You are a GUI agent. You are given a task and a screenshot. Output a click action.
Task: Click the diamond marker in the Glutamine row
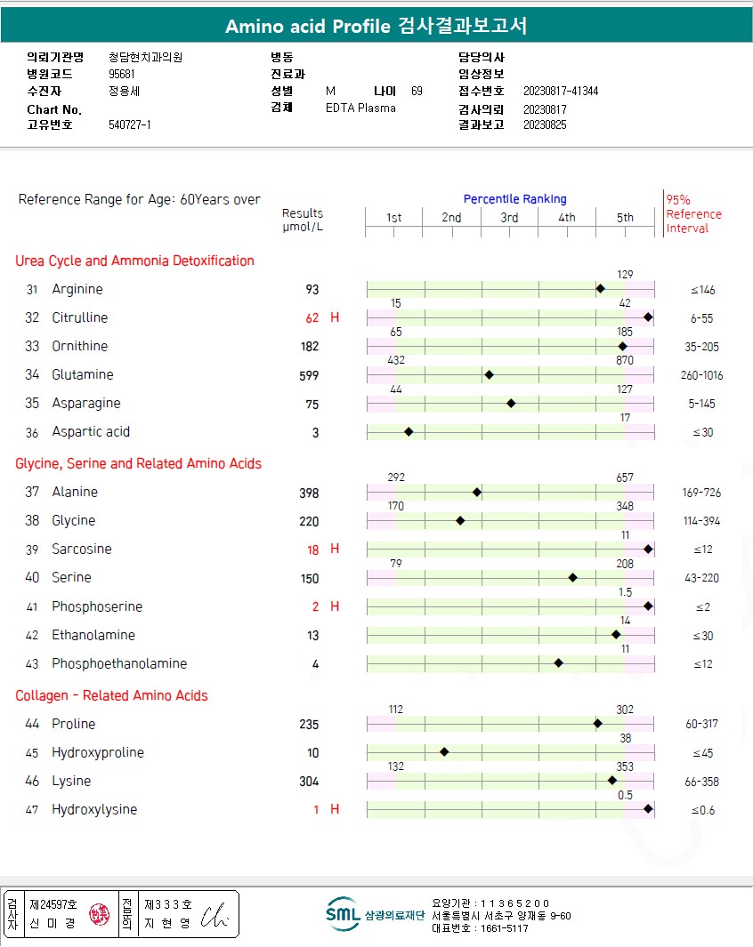pyautogui.click(x=489, y=375)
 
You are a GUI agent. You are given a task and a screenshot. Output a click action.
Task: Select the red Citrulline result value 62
pyautogui.click(x=312, y=318)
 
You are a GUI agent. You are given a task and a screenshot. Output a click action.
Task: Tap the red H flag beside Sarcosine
pyautogui.click(x=335, y=550)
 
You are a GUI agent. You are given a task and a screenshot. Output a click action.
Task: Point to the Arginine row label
pyautogui.click(x=77, y=290)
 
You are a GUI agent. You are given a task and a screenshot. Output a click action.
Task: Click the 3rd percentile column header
pyautogui.click(x=509, y=218)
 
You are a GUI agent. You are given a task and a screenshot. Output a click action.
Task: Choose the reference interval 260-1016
pyautogui.click(x=701, y=375)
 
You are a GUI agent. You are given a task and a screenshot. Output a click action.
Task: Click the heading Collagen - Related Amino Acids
pyautogui.click(x=111, y=695)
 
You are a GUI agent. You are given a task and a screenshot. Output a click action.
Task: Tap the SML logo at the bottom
pyautogui.click(x=343, y=914)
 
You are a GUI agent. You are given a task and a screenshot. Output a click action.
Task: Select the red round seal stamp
pyautogui.click(x=100, y=915)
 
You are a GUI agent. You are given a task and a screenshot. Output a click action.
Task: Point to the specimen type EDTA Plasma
pyautogui.click(x=360, y=108)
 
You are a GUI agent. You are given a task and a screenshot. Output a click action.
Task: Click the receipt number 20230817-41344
pyautogui.click(x=561, y=92)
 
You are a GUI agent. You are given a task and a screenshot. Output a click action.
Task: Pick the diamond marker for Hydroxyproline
pyautogui.click(x=444, y=752)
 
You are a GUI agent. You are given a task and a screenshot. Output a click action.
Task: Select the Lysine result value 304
pyautogui.click(x=309, y=782)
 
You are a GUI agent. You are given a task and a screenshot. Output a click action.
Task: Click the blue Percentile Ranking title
pyautogui.click(x=514, y=199)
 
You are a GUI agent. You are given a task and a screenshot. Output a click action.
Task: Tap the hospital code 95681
pyautogui.click(x=122, y=75)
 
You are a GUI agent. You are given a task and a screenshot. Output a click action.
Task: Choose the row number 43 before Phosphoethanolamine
pyautogui.click(x=32, y=664)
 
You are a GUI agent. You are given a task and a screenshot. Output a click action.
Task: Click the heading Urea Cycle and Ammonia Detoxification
pyautogui.click(x=134, y=261)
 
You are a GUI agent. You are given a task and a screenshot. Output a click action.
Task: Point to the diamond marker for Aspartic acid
pyautogui.click(x=409, y=432)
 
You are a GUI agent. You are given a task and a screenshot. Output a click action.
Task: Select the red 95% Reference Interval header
pyautogui.click(x=693, y=214)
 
